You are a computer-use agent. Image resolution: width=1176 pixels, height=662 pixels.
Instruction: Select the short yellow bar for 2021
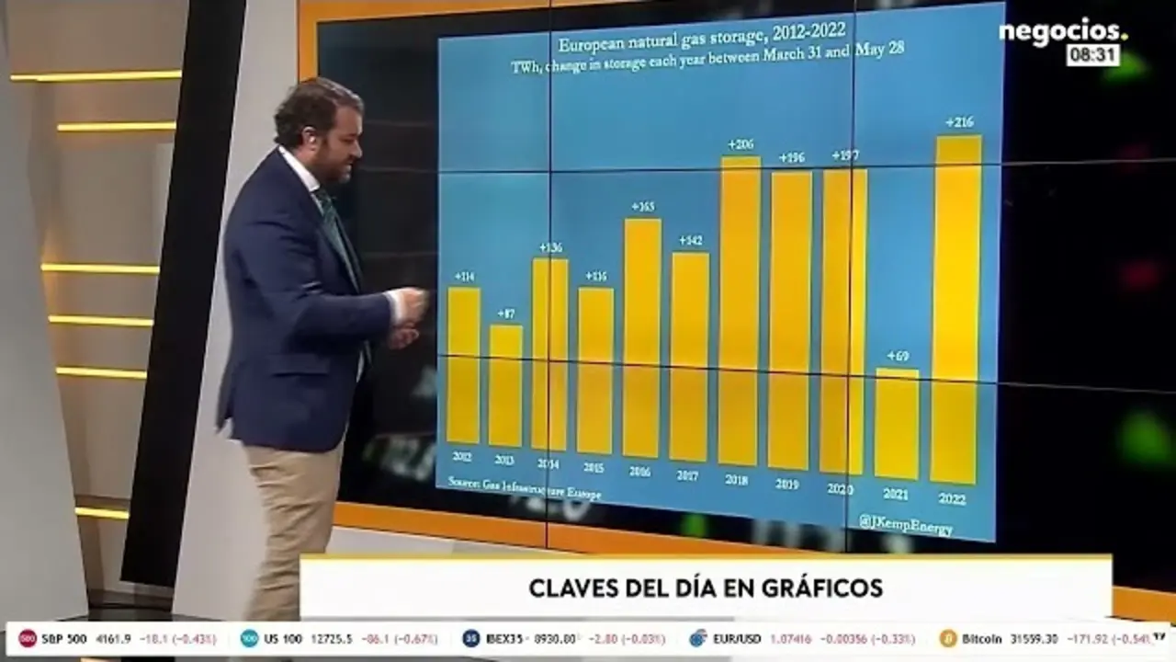point(897,424)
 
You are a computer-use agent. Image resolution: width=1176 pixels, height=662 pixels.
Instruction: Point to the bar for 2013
point(505,385)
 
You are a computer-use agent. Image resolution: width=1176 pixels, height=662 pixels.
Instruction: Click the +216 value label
point(959,122)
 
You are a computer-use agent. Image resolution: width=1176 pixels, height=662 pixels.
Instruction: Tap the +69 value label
point(898,356)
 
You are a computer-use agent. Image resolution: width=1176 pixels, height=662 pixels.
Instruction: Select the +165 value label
point(643,206)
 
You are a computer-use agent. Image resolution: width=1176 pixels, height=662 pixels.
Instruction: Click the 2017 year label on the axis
point(687,475)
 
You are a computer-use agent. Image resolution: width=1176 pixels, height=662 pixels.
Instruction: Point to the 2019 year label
point(787,484)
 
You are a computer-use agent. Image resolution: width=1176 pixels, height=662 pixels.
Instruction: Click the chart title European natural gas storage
point(702,40)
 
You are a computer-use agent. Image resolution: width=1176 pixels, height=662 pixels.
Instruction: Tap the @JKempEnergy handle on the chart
point(905,525)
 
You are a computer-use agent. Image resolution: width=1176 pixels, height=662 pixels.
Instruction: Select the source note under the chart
point(525,488)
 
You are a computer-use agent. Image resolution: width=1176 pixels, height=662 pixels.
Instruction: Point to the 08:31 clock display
point(1092,56)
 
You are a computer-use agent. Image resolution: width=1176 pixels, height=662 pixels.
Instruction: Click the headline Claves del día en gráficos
point(706,588)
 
